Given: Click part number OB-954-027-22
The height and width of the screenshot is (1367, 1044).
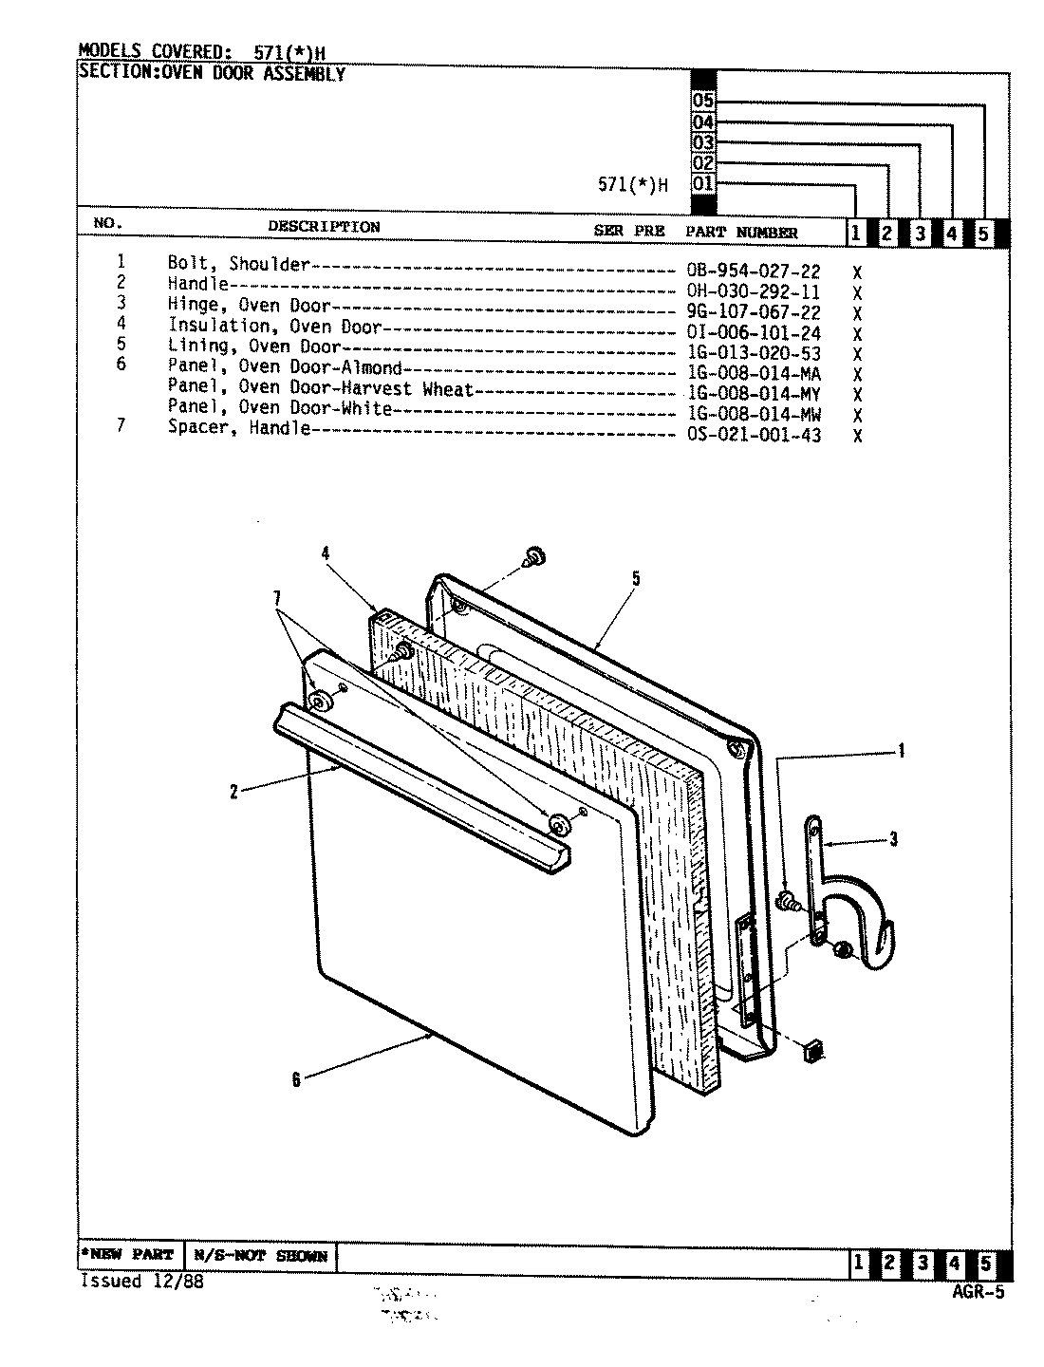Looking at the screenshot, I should tap(753, 271).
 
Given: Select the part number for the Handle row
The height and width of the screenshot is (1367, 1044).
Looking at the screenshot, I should tap(753, 292).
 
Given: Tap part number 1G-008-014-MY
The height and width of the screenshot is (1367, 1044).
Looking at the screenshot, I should tap(753, 394).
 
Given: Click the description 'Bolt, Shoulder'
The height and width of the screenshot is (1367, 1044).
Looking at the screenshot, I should tap(238, 264).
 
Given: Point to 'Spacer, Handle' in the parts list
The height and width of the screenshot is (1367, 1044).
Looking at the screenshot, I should tap(238, 428).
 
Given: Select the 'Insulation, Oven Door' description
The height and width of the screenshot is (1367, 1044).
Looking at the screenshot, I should tap(274, 326).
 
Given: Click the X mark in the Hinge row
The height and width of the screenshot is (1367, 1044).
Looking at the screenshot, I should tap(857, 313).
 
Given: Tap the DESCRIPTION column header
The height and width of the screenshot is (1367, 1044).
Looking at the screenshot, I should tap(324, 227).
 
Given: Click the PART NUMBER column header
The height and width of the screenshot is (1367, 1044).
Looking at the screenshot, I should tap(742, 233).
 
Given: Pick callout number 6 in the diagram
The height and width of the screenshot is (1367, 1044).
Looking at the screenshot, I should tap(296, 1080).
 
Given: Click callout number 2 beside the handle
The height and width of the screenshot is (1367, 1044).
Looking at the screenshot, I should tap(233, 793).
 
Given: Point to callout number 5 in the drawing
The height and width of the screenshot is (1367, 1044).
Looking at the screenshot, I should tap(636, 578).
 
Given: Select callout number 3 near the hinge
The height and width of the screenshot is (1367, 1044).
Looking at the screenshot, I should tap(893, 839).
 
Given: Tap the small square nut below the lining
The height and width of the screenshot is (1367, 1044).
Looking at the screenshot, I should tap(813, 1049).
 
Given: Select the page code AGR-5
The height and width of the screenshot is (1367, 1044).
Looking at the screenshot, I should tap(977, 1291).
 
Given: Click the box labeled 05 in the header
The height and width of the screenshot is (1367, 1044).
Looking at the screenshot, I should tap(703, 102).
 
